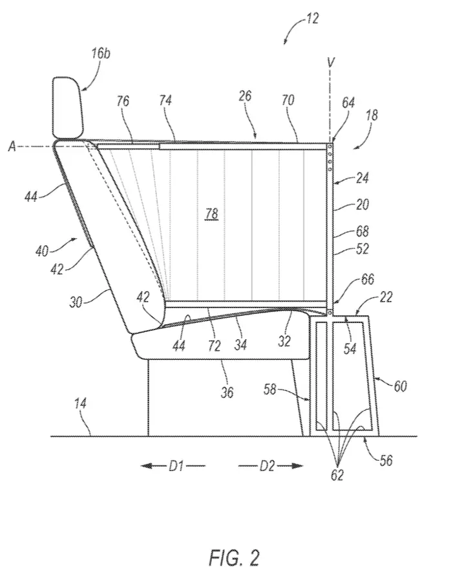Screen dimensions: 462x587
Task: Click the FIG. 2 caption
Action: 235,558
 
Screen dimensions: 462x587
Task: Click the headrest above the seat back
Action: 67,108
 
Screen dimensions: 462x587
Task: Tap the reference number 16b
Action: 101,53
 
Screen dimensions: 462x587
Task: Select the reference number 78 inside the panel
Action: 211,214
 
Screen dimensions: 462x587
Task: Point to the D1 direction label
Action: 176,466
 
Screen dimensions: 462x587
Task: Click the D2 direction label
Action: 268,466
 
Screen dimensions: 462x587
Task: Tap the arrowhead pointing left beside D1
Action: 146,466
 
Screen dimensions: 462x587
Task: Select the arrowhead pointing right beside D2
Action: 297,466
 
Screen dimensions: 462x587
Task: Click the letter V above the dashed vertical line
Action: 330,63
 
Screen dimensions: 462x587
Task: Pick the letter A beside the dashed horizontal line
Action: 12,147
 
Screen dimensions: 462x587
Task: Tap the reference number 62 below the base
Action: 337,475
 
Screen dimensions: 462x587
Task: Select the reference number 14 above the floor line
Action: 80,404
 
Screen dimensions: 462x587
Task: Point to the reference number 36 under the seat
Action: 227,392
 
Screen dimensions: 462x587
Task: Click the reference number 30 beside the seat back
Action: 76,302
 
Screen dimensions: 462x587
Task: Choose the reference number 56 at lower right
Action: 386,460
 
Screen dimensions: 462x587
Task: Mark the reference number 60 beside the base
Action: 400,386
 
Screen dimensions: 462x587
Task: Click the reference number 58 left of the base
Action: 269,390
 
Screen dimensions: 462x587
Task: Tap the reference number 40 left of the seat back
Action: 42,250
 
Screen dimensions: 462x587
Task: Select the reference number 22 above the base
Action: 386,297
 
